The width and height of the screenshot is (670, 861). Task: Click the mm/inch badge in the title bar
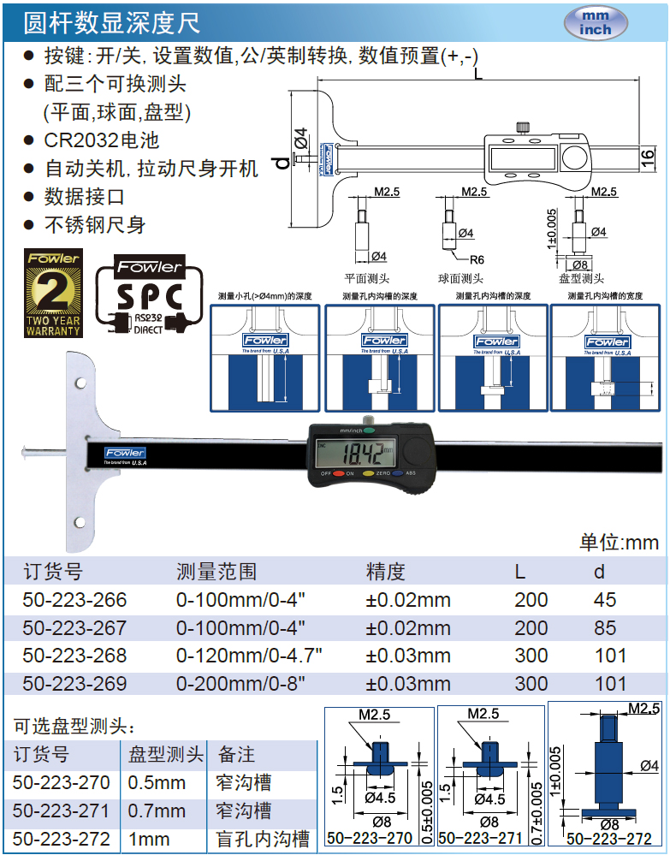click(596, 23)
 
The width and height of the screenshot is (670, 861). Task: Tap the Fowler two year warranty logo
click(54, 293)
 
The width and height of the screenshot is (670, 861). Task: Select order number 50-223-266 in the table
click(74, 600)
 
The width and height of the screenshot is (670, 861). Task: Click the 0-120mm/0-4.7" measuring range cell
click(249, 656)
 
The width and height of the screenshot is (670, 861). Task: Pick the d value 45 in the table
click(605, 600)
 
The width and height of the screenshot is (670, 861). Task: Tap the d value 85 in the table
click(605, 628)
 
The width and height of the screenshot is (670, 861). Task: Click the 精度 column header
click(385, 572)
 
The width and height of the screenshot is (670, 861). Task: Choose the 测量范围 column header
click(216, 572)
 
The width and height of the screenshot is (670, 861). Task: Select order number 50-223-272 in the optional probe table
click(62, 840)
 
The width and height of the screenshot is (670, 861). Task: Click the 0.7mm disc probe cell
click(157, 811)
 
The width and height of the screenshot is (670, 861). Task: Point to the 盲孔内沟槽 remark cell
click(264, 840)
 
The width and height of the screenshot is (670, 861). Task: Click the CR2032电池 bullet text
click(102, 140)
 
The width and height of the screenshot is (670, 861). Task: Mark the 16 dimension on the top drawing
click(648, 156)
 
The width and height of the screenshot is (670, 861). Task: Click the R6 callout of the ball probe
click(476, 259)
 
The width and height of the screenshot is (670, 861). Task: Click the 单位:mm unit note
click(619, 542)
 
